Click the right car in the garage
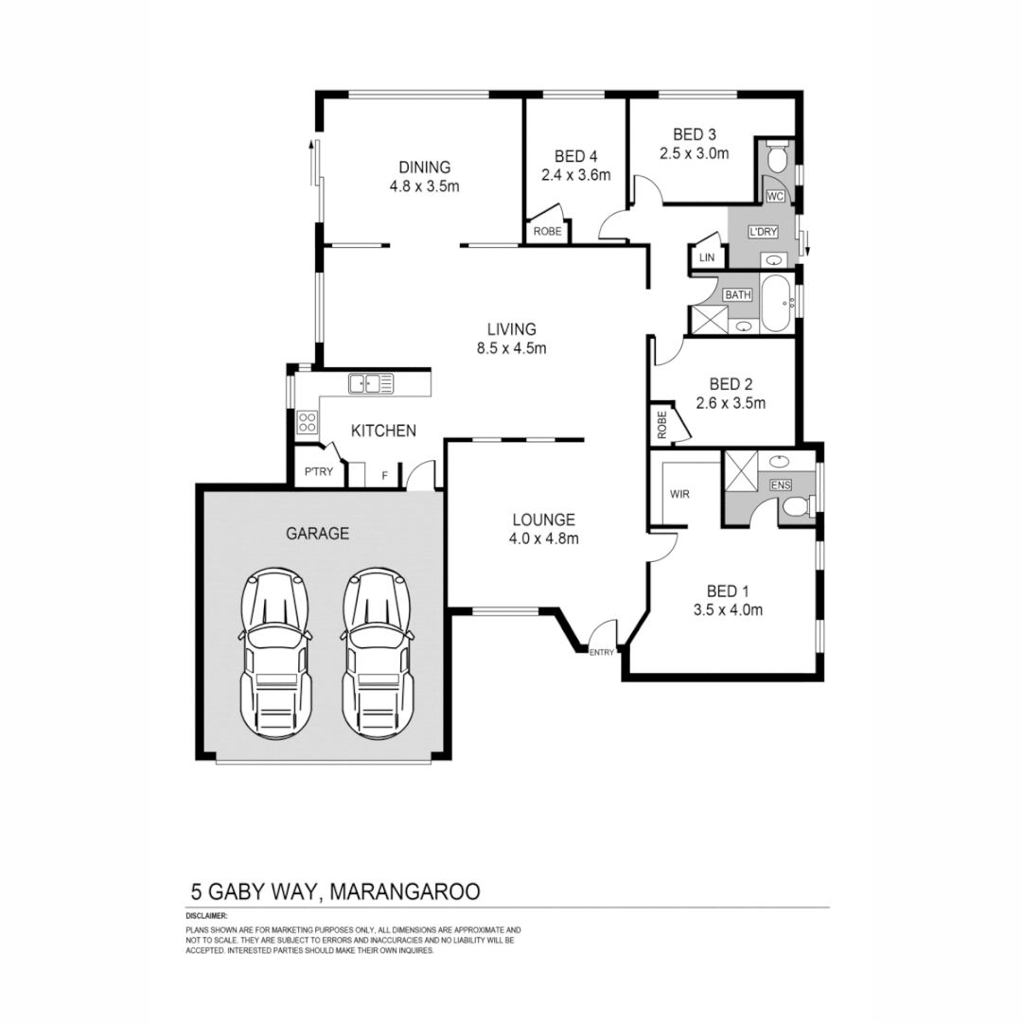click(377, 654)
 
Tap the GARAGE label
click(317, 534)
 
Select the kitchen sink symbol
click(370, 383)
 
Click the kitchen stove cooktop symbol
click(307, 421)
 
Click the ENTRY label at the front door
click(602, 652)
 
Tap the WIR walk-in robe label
click(679, 494)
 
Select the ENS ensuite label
click(781, 485)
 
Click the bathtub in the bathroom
click(775, 304)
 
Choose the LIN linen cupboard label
click(706, 256)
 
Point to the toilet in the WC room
click(776, 158)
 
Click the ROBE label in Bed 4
click(547, 231)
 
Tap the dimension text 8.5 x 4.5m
click(512, 347)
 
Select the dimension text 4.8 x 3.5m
click(424, 186)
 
